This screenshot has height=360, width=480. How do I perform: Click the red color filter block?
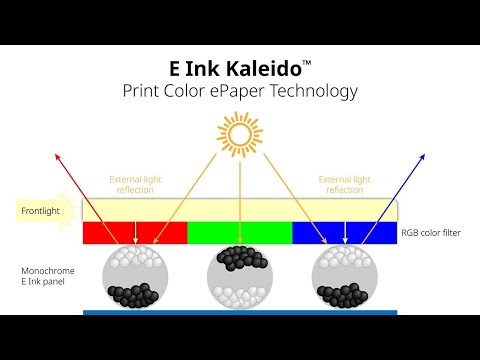(x=134, y=233)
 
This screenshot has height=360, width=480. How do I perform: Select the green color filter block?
(x=239, y=233)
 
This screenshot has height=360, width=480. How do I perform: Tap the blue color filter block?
(x=344, y=233)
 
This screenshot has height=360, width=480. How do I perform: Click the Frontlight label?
(x=41, y=211)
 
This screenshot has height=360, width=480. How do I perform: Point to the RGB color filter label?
(x=432, y=233)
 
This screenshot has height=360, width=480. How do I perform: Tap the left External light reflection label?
(x=135, y=184)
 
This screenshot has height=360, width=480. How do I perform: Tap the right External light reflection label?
(x=344, y=184)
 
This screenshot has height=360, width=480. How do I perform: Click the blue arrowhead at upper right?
(x=423, y=156)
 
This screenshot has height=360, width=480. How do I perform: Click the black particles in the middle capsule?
(x=240, y=258)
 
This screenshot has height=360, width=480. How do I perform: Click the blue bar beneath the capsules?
(x=240, y=312)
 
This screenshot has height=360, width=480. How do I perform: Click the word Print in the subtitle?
(x=143, y=91)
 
